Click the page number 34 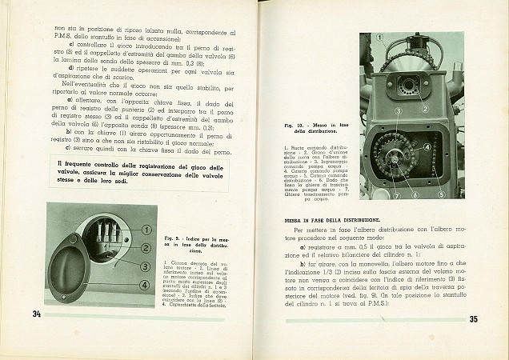pyautogui.click(x=37, y=313)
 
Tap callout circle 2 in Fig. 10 pyautogui.click(x=426, y=107)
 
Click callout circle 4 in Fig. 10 pyautogui.click(x=427, y=147)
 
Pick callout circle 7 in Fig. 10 pyautogui.click(x=373, y=194)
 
